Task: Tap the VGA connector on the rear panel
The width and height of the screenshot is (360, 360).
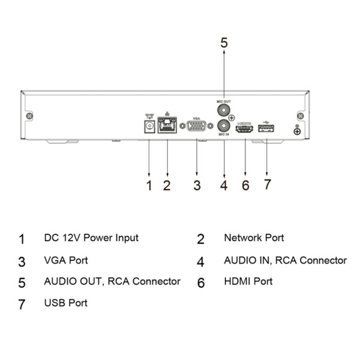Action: (196, 127)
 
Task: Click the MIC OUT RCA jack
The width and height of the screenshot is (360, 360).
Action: (224, 111)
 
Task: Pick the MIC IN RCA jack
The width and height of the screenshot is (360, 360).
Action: (224, 127)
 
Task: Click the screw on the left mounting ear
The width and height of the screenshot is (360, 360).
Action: (30, 115)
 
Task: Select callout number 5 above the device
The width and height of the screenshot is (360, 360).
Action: (224, 43)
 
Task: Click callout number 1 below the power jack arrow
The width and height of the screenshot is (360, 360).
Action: (149, 185)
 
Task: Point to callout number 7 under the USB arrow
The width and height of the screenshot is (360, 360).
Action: (268, 184)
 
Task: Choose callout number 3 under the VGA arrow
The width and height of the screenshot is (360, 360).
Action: (197, 185)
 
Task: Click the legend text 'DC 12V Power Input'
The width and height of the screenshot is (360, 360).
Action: (91, 238)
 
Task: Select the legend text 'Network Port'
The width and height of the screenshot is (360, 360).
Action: (254, 238)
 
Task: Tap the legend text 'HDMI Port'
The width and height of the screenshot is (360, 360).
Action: (248, 281)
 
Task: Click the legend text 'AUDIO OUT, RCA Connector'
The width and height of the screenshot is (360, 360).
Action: (112, 281)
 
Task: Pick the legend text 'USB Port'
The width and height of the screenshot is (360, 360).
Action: (65, 303)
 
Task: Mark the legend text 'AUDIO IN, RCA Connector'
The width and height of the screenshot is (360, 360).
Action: (285, 260)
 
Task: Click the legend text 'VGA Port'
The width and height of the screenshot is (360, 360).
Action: (65, 260)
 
